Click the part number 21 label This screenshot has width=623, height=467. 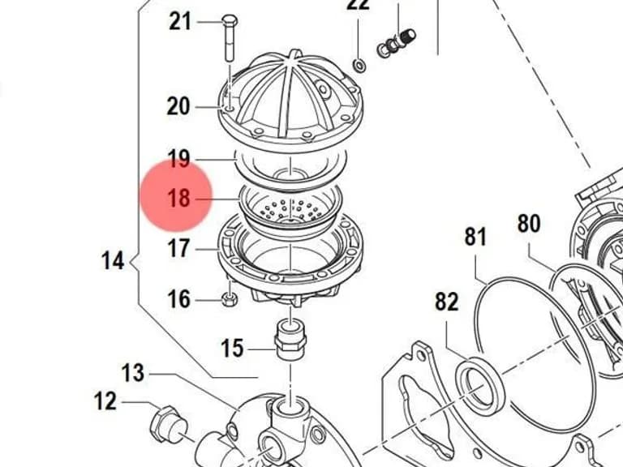tap(180, 21)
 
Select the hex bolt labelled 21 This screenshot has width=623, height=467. tap(230, 38)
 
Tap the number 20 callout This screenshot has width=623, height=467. tap(178, 106)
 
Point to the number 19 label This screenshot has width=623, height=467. tap(178, 158)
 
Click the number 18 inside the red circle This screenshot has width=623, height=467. tap(178, 197)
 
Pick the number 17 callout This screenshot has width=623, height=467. tap(178, 249)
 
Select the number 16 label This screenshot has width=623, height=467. tap(178, 299)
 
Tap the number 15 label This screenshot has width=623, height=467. tap(232, 348)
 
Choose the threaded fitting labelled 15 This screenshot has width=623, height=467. tap(290, 341)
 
